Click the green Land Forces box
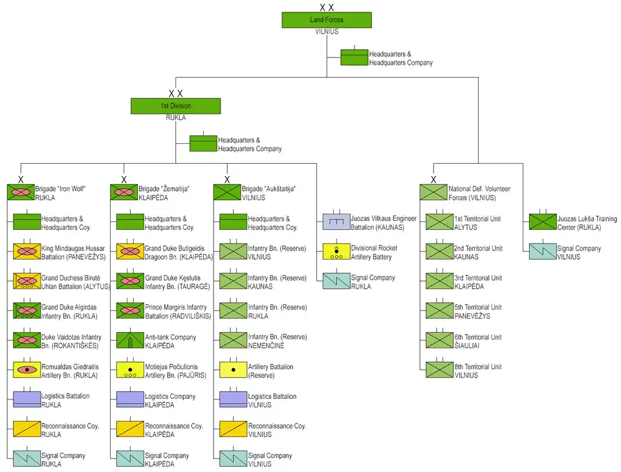coord(327,20)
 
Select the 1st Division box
coord(175,106)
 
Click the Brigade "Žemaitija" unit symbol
coord(124,192)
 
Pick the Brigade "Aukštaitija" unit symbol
coord(227,192)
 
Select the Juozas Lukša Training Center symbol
coord(543,222)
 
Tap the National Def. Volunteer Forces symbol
coord(433,192)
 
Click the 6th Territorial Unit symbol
coord(439,341)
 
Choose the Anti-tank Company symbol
coord(129,341)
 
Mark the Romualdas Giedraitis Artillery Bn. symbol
coord(27,370)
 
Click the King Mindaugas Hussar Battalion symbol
coord(27,252)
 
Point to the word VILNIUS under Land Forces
coord(327,31)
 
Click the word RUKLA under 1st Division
coord(175,117)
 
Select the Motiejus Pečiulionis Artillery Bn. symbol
coord(129,370)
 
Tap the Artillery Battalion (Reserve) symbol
coord(233,370)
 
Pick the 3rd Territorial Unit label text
coord(477,278)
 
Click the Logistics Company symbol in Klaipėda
coord(129,399)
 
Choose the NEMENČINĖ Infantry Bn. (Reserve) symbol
coord(233,341)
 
